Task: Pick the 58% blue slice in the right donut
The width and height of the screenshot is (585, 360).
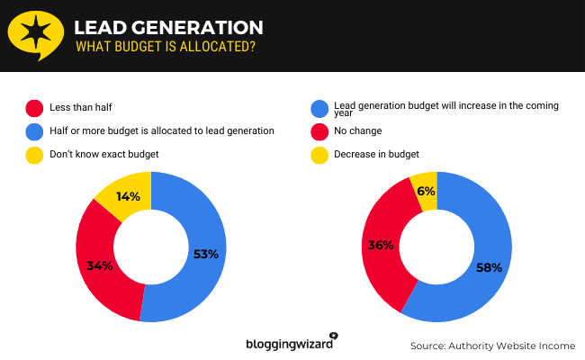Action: point(486,267)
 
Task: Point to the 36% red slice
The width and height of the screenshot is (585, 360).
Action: point(381,245)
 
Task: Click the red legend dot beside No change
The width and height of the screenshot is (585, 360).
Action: point(319,131)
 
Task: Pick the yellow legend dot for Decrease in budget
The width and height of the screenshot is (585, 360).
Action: point(319,154)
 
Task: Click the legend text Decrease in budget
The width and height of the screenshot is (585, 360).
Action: point(376,154)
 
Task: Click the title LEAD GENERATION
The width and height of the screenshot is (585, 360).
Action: point(168,28)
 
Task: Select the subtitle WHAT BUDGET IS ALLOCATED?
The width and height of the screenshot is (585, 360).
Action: point(165,47)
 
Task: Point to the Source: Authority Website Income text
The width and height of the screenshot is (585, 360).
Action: point(492,346)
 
